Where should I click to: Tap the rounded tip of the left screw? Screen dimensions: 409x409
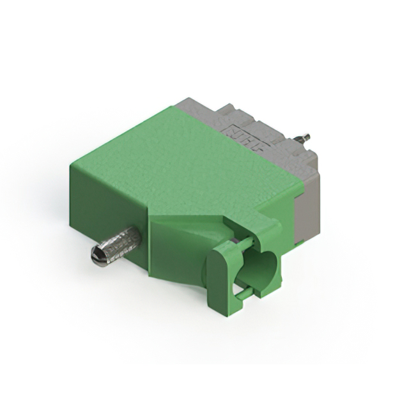pos(96,257)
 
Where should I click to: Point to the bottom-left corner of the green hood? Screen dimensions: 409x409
pos(72,220)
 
